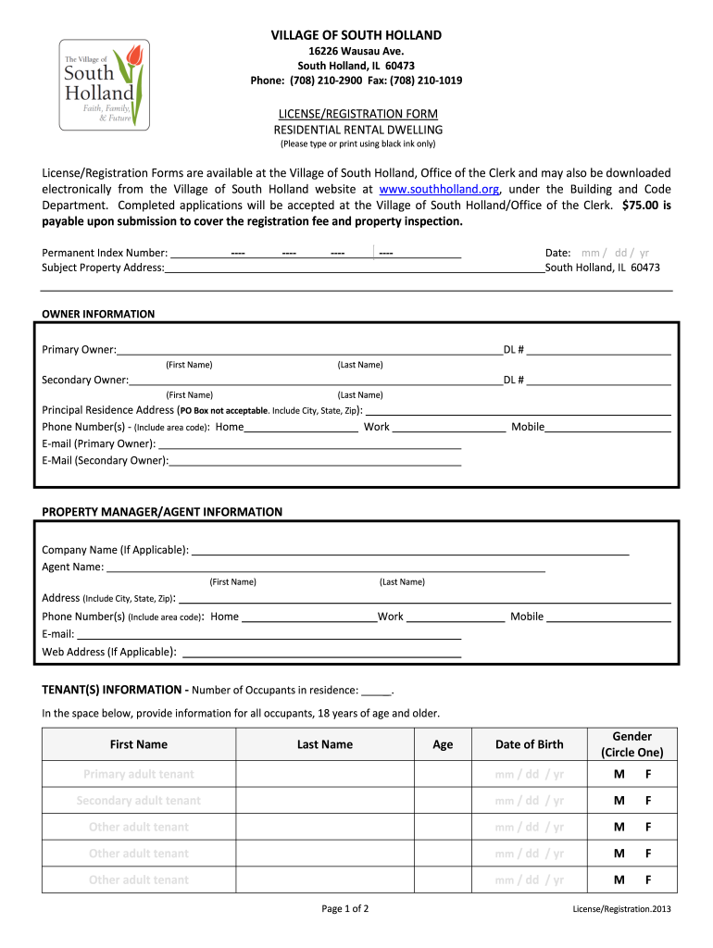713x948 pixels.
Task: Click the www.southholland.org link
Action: click(433, 189)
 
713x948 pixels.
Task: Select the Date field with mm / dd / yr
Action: click(614, 253)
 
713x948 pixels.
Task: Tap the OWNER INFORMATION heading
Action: click(98, 314)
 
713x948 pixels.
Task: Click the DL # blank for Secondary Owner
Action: click(598, 380)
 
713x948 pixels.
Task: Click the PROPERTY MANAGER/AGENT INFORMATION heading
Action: click(162, 512)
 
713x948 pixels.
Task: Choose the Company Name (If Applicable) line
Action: click(409, 551)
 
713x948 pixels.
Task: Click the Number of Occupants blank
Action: click(376, 691)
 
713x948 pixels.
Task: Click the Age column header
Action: click(443, 744)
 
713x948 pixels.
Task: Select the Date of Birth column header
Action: click(529, 744)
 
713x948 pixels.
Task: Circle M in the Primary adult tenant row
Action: click(618, 774)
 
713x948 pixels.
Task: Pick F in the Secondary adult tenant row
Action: click(648, 800)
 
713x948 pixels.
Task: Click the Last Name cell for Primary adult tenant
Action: click(324, 774)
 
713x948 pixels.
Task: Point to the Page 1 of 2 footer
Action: click(344, 908)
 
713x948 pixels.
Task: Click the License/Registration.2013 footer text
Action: click(620, 909)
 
